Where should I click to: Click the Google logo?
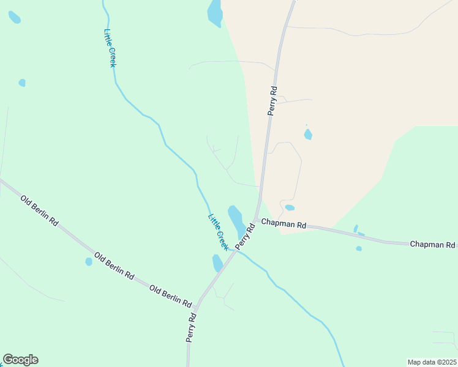point(20,360)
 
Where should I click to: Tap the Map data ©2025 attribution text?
point(432,362)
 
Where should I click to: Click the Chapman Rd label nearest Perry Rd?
point(283,224)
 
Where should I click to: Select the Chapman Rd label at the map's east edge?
point(432,244)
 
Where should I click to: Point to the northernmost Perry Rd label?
point(273,101)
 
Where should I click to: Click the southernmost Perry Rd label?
point(192,328)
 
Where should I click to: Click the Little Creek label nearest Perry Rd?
point(217,231)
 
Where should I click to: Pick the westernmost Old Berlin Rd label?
point(39,210)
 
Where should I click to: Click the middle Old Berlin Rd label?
point(114,264)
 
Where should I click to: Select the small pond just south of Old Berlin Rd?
point(89,262)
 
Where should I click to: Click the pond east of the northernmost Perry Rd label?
point(308,134)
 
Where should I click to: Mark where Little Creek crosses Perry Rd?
point(233,251)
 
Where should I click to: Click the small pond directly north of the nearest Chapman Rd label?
point(290,207)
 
